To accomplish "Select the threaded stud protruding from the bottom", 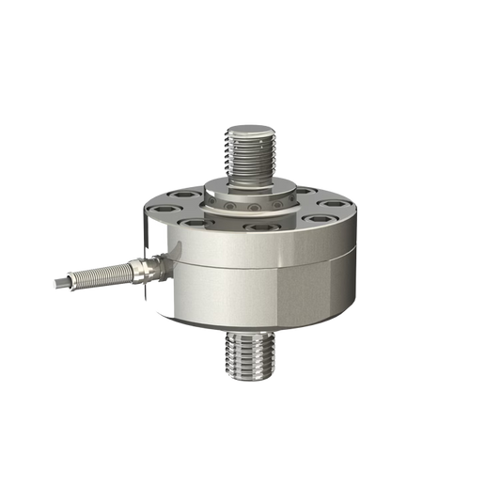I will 250,362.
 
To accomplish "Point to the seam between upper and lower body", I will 263,264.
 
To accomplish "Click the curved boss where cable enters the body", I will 171,263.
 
